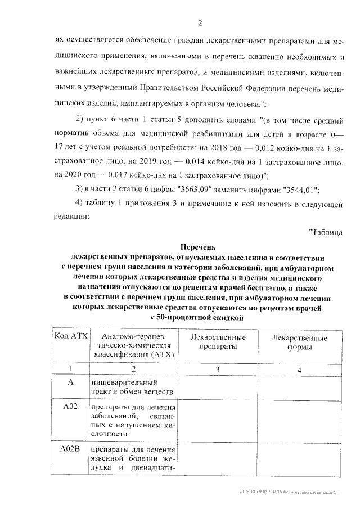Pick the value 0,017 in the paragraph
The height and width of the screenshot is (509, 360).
[123, 174]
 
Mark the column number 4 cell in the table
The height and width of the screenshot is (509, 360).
[299, 370]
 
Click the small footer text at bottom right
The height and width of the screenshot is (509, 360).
[298, 497]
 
